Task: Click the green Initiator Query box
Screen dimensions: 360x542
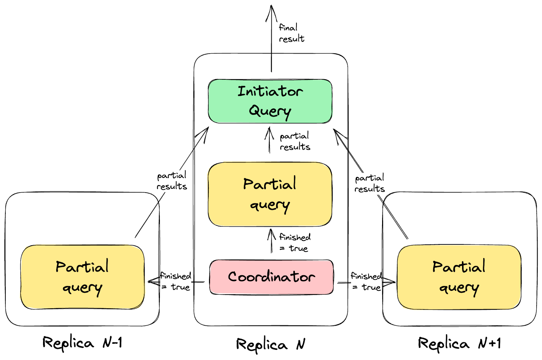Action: [270, 101]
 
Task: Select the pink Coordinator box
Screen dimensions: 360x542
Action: [271, 277]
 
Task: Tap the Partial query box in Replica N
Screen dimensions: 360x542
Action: [270, 194]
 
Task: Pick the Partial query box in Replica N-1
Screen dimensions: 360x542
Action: [82, 277]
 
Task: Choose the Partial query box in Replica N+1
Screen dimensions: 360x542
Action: [459, 277]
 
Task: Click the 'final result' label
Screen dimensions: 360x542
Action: [291, 33]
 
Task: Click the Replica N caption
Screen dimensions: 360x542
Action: [270, 344]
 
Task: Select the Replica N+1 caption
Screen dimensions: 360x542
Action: [459, 343]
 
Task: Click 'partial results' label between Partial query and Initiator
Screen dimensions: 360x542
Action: [294, 141]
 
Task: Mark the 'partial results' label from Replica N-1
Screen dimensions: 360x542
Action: [172, 181]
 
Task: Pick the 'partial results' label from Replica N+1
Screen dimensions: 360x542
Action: [369, 183]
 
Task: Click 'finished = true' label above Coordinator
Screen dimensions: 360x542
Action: [294, 243]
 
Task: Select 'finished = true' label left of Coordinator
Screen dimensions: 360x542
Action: [176, 281]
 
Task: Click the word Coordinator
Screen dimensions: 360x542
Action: [271, 277]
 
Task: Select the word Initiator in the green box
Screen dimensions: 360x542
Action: [270, 91]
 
